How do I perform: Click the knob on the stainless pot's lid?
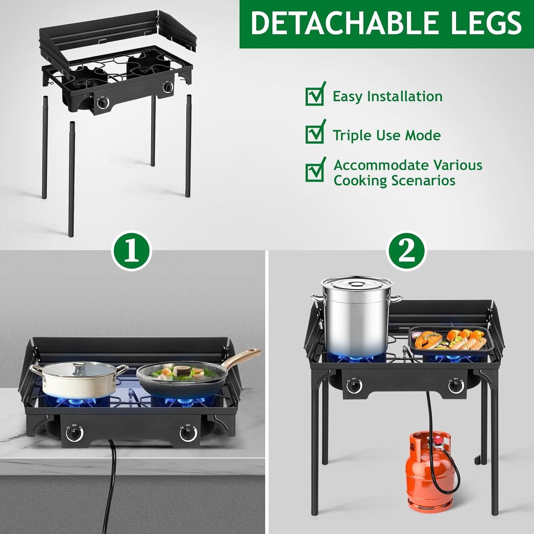click(x=354, y=284)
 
